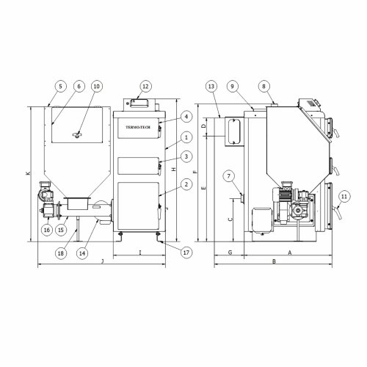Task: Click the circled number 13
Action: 213,85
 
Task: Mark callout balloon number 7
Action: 230,177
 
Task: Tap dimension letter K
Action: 27,173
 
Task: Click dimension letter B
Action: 273,261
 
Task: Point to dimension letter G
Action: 230,252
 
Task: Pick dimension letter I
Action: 139,252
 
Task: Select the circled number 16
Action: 46,229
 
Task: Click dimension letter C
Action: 230,218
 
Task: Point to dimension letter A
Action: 288,252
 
